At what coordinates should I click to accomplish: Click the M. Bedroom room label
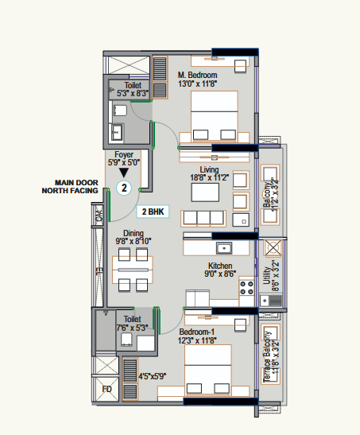click(x=197, y=75)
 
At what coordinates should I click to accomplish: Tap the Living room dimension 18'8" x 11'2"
click(x=209, y=177)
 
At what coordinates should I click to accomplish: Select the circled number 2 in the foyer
click(x=124, y=188)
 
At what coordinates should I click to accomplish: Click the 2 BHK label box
click(x=153, y=212)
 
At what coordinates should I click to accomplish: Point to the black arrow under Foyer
click(x=124, y=173)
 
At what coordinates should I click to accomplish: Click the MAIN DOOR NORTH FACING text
click(x=70, y=187)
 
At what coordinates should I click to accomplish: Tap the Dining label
click(x=134, y=233)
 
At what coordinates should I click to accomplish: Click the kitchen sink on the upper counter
click(x=224, y=248)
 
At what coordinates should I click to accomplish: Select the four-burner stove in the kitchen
click(x=246, y=287)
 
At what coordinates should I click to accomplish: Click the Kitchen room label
click(x=220, y=266)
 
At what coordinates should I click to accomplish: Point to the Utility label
click(x=266, y=275)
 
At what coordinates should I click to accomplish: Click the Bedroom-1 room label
click(x=197, y=332)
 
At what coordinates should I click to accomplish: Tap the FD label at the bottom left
click(x=106, y=389)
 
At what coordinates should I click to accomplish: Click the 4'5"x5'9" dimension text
click(x=152, y=376)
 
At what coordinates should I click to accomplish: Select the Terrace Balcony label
click(x=266, y=357)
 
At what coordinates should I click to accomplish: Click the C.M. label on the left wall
click(x=99, y=216)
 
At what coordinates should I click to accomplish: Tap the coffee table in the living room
click(x=205, y=192)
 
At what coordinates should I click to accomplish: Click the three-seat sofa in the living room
click(x=203, y=219)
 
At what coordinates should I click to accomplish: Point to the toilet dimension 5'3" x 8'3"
click(x=133, y=93)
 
